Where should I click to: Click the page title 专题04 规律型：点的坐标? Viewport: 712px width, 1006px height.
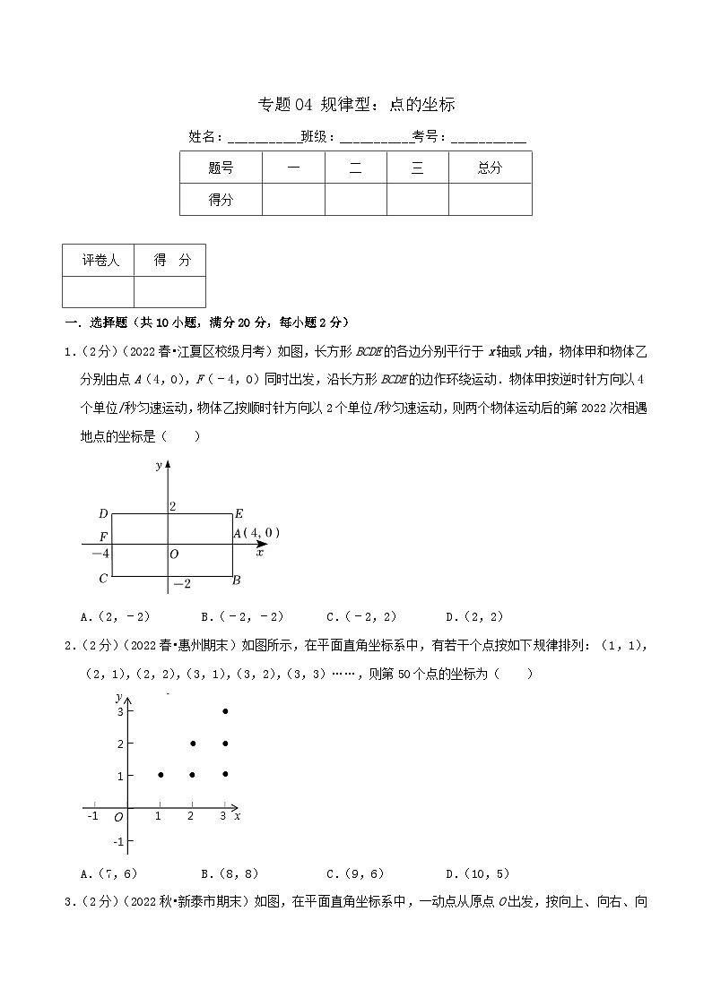(x=356, y=105)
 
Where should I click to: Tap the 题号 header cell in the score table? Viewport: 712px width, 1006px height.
(x=221, y=168)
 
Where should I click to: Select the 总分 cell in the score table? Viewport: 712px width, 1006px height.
(x=490, y=168)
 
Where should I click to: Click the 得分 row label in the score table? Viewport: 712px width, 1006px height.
(x=221, y=200)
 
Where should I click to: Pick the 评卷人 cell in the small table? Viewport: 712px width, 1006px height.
(x=99, y=260)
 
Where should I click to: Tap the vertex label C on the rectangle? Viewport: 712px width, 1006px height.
(x=104, y=579)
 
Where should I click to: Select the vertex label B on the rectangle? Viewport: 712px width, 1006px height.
(x=236, y=580)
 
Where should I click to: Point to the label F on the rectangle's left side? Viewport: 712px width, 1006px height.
(x=104, y=536)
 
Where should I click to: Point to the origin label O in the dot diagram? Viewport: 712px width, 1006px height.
(x=118, y=817)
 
